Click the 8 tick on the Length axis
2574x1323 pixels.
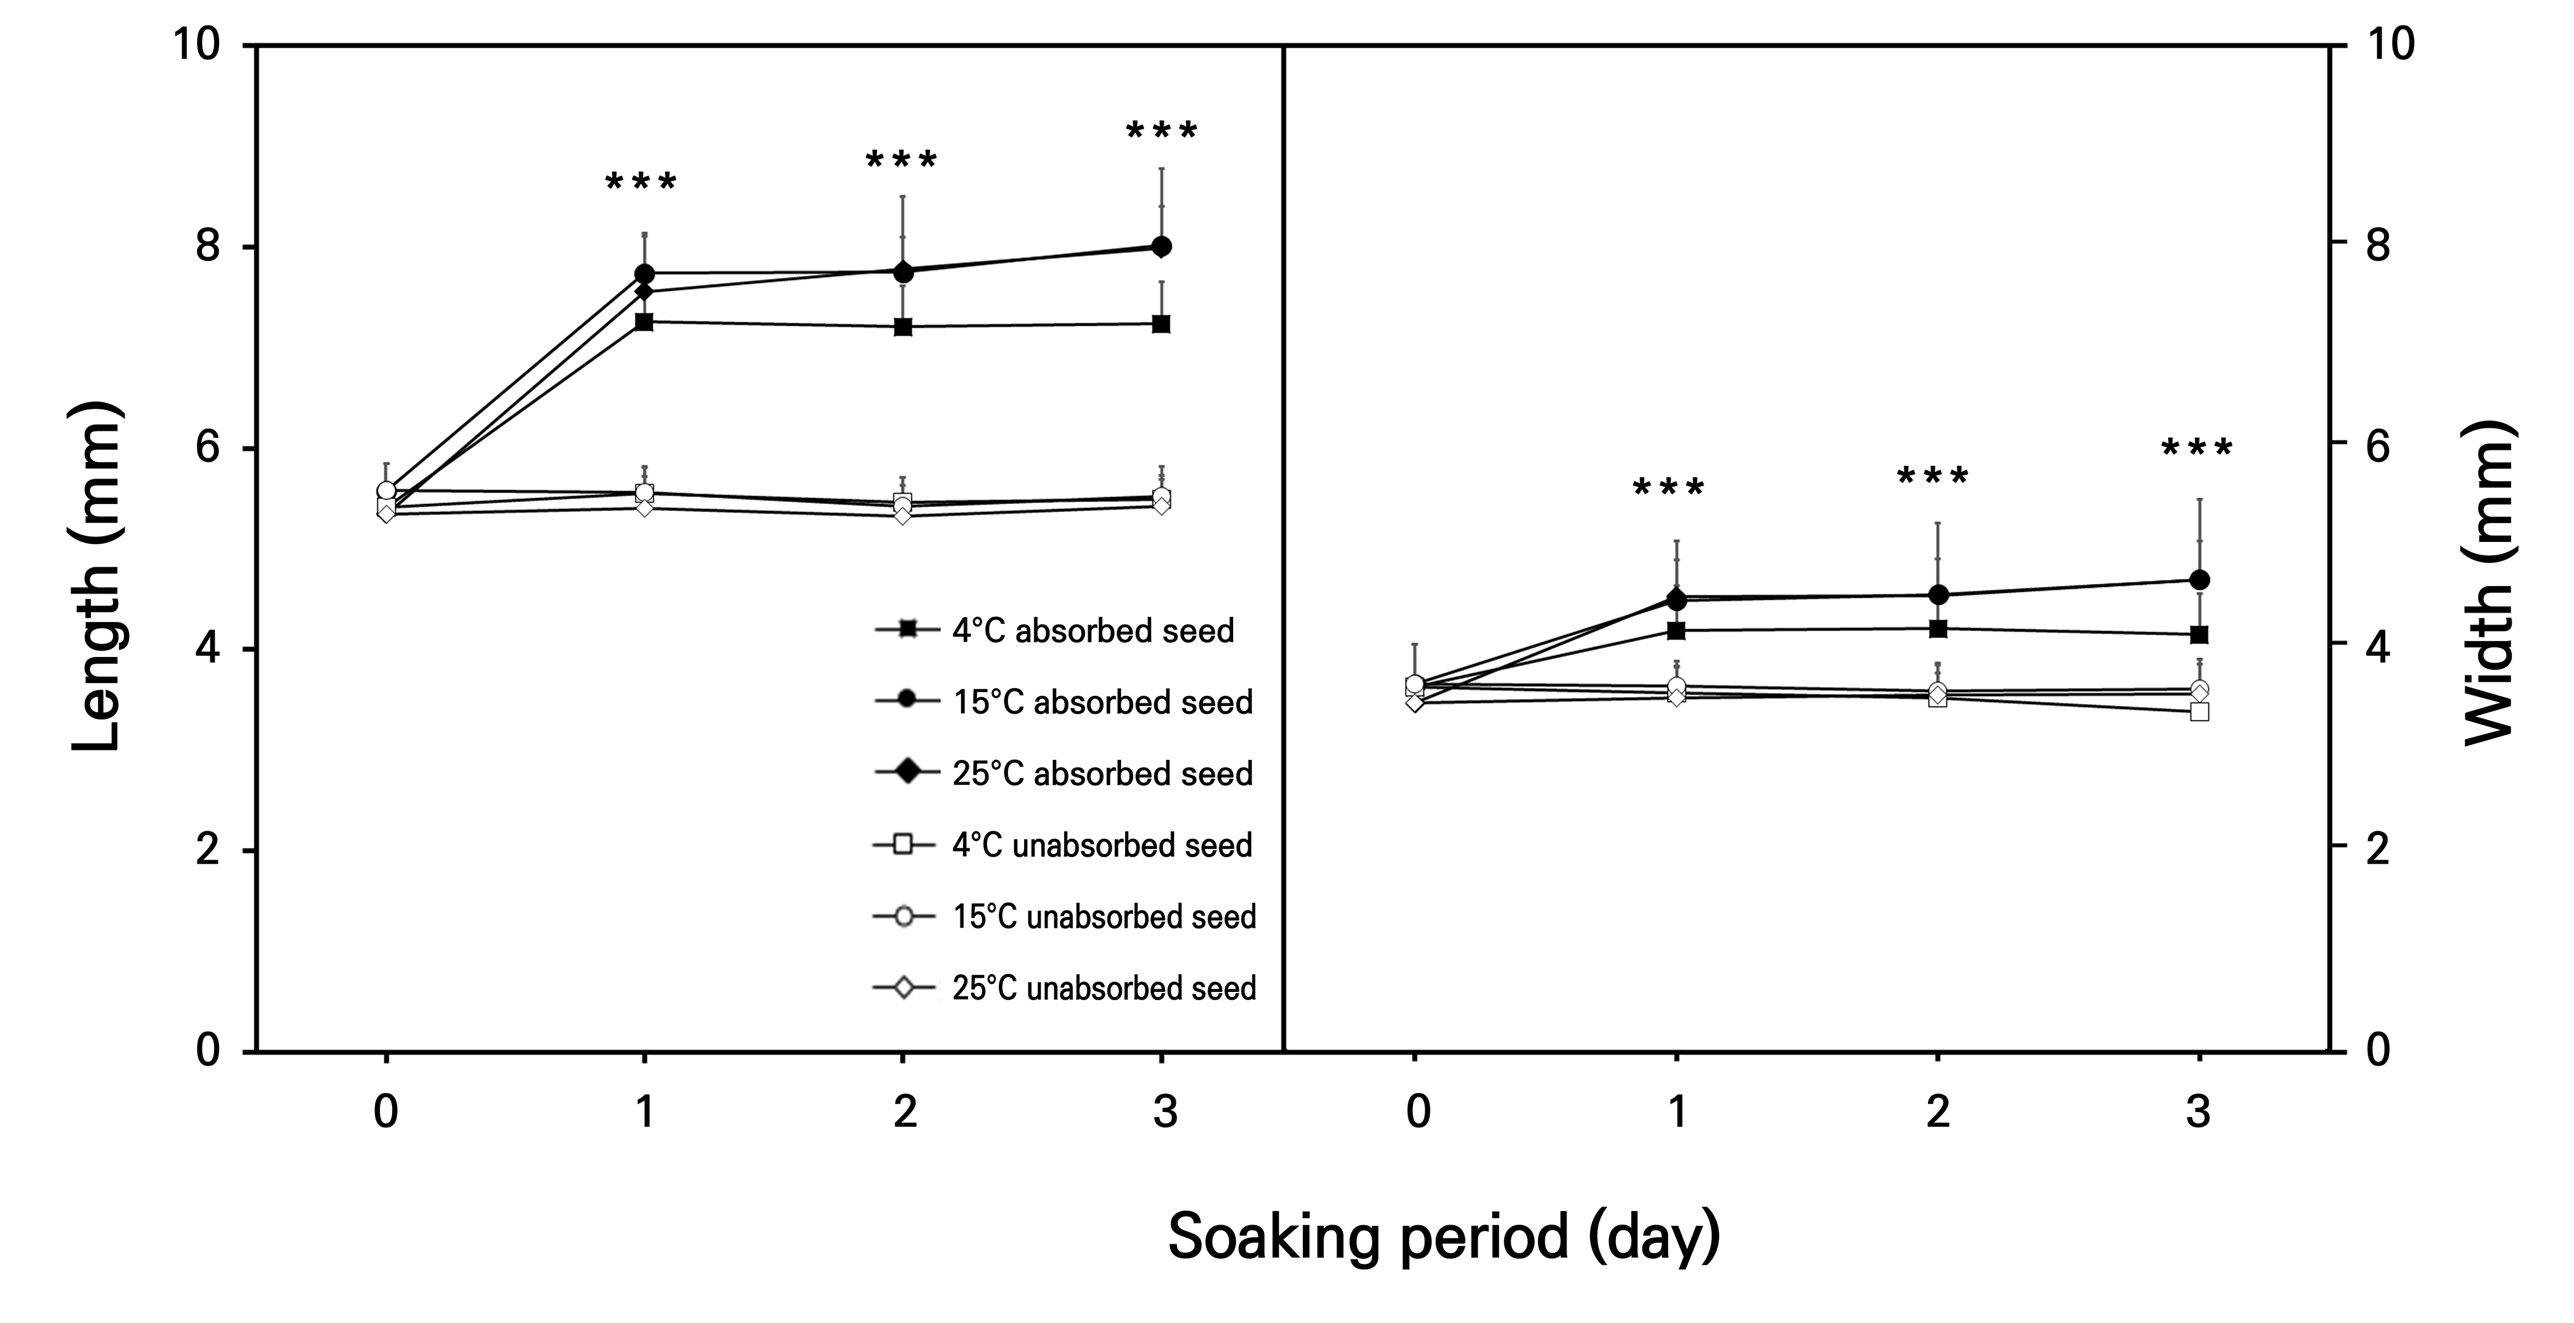tap(208, 246)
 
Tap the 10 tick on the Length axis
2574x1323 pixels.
tap(196, 45)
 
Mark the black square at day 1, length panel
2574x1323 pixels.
tap(645, 322)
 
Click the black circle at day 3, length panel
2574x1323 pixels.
tap(1162, 247)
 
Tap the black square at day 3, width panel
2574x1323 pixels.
tap(2199, 635)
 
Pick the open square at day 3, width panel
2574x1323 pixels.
tap(2199, 712)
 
